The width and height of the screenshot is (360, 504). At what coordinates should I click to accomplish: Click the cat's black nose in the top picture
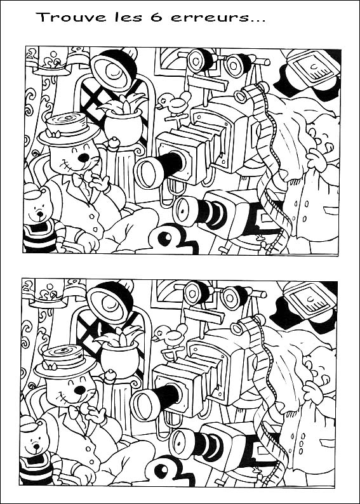pyautogui.click(x=84, y=158)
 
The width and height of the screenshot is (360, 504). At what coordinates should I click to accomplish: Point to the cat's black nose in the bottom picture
pyautogui.click(x=80, y=390)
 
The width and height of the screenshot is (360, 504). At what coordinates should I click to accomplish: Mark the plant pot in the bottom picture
pyautogui.click(x=120, y=359)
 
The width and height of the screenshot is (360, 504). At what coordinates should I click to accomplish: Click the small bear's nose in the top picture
pyautogui.click(x=40, y=213)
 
